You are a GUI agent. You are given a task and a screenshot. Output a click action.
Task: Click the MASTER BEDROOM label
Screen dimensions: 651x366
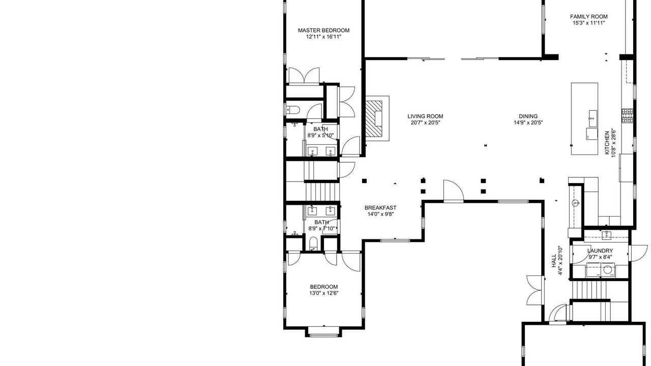point(323,30)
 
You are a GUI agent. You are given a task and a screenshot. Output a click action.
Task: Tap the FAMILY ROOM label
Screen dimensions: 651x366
point(588,17)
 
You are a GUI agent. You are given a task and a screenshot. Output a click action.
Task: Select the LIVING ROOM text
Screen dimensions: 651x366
point(425,116)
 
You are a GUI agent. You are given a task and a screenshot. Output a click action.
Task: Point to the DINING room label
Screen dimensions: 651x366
point(528,116)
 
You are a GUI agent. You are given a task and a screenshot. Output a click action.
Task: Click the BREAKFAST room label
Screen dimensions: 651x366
point(380,208)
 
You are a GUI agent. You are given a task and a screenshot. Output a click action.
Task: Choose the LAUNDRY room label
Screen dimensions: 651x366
point(600,251)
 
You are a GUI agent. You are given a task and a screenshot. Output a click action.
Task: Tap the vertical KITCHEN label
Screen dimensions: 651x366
point(607,143)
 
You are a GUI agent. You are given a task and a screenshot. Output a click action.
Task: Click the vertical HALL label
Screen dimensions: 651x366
point(554,261)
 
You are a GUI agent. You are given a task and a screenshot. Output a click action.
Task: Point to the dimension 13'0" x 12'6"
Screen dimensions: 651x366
point(324,293)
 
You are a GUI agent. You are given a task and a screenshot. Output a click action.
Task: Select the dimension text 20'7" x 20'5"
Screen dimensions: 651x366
point(425,123)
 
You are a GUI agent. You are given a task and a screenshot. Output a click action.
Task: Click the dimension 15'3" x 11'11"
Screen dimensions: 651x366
point(588,23)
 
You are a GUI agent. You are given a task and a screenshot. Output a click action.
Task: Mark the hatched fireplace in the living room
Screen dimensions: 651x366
point(374,118)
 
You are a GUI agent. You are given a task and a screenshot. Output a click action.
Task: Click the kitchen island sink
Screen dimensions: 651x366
point(593,118)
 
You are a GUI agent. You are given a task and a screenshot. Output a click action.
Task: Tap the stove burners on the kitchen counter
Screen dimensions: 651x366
point(627,115)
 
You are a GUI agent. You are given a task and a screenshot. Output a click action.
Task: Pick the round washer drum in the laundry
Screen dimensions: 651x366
point(607,269)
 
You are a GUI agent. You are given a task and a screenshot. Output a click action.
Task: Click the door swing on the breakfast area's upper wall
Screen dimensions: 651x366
point(453,190)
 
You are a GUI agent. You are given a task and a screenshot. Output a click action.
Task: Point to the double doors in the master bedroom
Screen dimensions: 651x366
point(304,76)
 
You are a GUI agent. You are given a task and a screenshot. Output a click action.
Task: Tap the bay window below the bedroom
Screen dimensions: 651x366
point(323,331)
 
